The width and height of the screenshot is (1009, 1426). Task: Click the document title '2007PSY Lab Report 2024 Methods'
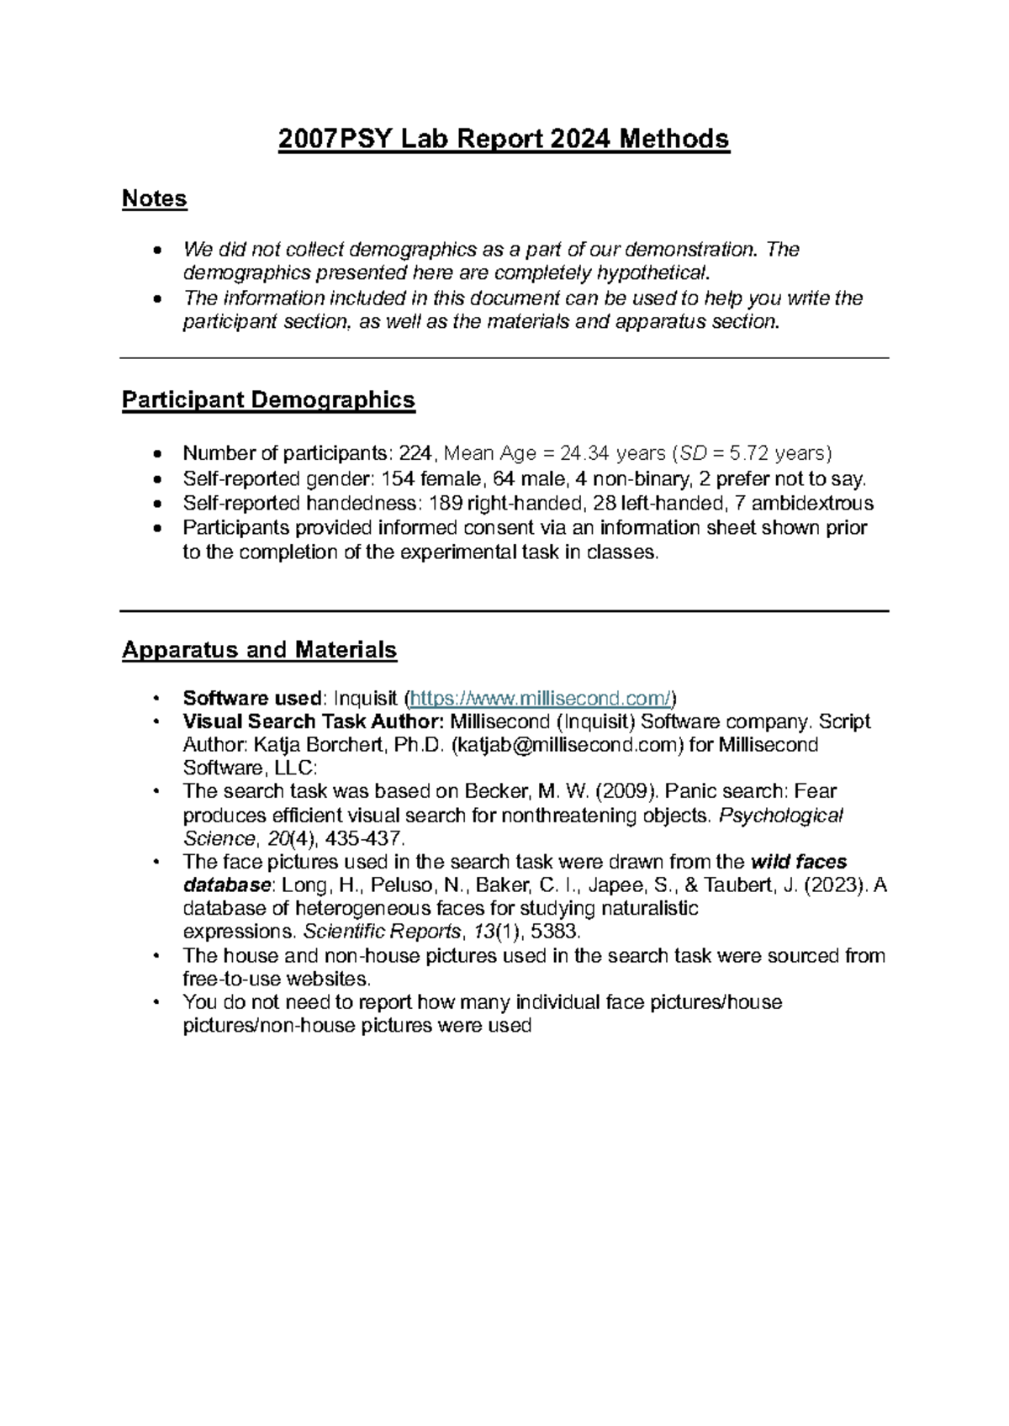point(504,139)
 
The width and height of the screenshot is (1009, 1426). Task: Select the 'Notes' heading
point(154,198)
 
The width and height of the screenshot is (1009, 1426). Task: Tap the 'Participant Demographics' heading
point(268,399)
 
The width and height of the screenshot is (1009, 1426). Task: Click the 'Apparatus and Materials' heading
point(259,650)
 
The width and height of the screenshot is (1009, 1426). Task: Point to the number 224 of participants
point(415,454)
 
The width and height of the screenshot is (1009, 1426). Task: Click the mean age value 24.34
point(584,454)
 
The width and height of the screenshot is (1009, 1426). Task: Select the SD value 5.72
point(749,454)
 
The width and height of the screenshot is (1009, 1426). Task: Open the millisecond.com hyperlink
point(541,699)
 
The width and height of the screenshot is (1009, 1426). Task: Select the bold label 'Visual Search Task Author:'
point(314,722)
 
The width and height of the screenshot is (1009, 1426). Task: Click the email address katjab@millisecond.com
point(568,746)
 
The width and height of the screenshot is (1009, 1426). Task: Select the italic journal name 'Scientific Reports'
point(382,932)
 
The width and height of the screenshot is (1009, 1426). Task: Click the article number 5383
point(555,932)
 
